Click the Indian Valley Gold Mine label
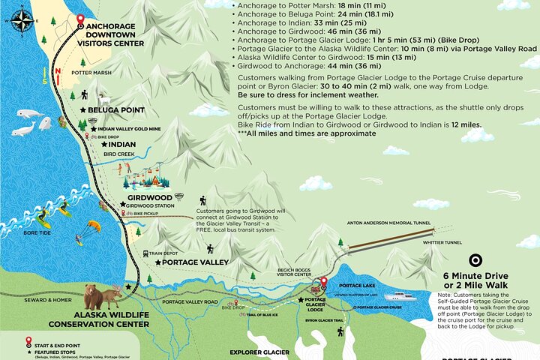pos(124,129)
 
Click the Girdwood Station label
pos(154,205)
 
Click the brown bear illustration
pos(93,296)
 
